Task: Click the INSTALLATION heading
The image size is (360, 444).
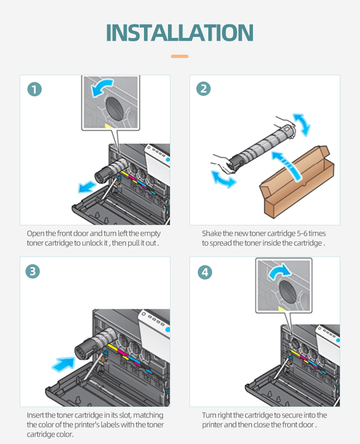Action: pyautogui.click(x=180, y=32)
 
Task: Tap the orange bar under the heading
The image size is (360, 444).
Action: pyautogui.click(x=180, y=56)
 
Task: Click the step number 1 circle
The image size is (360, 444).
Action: pyautogui.click(x=35, y=89)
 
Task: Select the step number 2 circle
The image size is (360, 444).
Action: pyautogui.click(x=204, y=89)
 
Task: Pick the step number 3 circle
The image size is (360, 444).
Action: pyautogui.click(x=33, y=271)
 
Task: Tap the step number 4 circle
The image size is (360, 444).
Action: pyautogui.click(x=205, y=272)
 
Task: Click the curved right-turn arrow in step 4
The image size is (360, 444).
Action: pyautogui.click(x=280, y=272)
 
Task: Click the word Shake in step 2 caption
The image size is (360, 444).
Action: pyautogui.click(x=211, y=234)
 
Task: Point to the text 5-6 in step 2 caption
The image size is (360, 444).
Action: pyautogui.click(x=300, y=234)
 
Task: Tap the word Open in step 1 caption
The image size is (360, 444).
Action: pyautogui.click(x=36, y=234)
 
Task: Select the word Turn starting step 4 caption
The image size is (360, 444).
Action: pyautogui.click(x=209, y=415)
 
